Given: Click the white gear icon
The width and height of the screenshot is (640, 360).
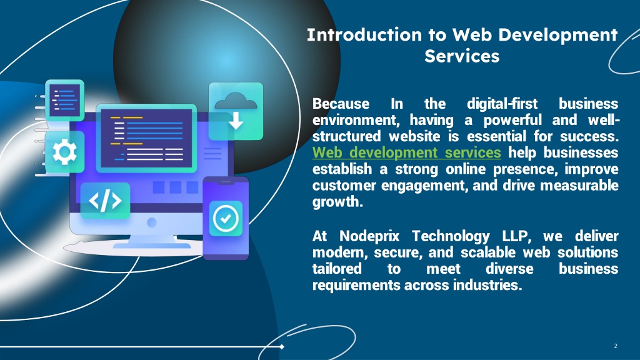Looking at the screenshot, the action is pyautogui.click(x=64, y=152).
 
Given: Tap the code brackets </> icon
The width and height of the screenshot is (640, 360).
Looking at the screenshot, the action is pyautogui.click(x=105, y=201).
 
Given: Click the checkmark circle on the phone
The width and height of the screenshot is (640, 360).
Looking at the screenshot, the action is pyautogui.click(x=225, y=218).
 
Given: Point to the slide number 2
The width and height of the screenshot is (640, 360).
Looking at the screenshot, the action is pyautogui.click(x=616, y=346).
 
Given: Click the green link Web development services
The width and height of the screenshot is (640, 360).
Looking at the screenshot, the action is pyautogui.click(x=406, y=152).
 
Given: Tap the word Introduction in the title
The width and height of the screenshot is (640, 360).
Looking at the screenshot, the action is pyautogui.click(x=364, y=35).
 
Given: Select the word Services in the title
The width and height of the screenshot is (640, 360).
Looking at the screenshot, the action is pyautogui.click(x=462, y=56).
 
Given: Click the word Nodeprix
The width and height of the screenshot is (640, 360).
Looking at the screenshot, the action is pyautogui.click(x=369, y=236).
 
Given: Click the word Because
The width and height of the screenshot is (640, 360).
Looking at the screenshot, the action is pyautogui.click(x=341, y=104).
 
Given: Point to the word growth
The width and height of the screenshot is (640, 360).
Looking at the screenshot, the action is pyautogui.click(x=337, y=202).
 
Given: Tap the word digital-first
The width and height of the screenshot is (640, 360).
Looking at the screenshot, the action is pyautogui.click(x=502, y=104).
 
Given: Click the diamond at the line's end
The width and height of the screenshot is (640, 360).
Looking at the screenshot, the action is pyautogui.click(x=282, y=347).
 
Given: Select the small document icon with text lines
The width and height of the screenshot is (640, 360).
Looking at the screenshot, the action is pyautogui.click(x=64, y=100).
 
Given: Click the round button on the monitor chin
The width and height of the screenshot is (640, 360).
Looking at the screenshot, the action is pyautogui.click(x=152, y=222).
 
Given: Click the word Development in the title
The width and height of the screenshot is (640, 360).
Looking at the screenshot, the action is pyautogui.click(x=558, y=36).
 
